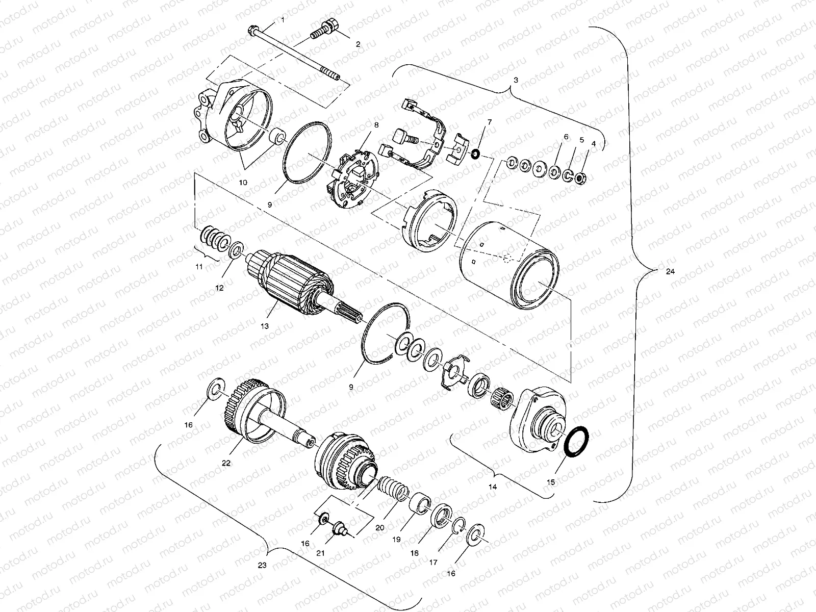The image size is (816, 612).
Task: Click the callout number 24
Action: pyautogui.click(x=670, y=272)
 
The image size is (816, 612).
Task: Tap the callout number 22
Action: pyautogui.click(x=226, y=463)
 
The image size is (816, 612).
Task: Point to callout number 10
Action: pyautogui.click(x=243, y=182)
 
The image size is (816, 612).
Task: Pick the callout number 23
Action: pyautogui.click(x=262, y=565)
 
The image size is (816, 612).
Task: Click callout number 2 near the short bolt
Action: pyautogui.click(x=358, y=44)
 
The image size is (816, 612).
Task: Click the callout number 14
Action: pyautogui.click(x=493, y=487)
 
